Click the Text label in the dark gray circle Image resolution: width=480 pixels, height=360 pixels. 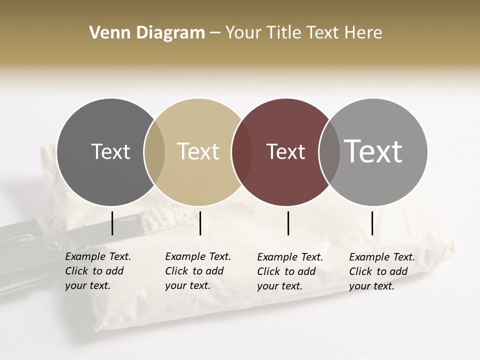110,151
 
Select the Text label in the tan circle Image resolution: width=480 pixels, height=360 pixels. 198,151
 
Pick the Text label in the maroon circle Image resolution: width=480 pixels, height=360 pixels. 285,151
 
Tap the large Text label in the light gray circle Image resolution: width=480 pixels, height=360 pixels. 373,151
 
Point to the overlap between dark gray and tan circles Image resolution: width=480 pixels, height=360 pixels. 154,151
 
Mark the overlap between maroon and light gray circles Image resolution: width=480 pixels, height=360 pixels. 329,151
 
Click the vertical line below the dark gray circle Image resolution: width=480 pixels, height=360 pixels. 112,223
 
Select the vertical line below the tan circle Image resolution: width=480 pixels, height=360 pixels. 200,223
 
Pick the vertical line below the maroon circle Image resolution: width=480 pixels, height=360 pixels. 288,223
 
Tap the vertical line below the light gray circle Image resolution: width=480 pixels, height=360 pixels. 372,223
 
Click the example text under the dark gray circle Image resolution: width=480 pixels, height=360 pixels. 97,271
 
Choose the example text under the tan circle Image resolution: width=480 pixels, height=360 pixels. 197,271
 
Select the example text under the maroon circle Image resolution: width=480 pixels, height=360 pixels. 289,271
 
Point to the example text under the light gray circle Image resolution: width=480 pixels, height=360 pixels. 381,271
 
